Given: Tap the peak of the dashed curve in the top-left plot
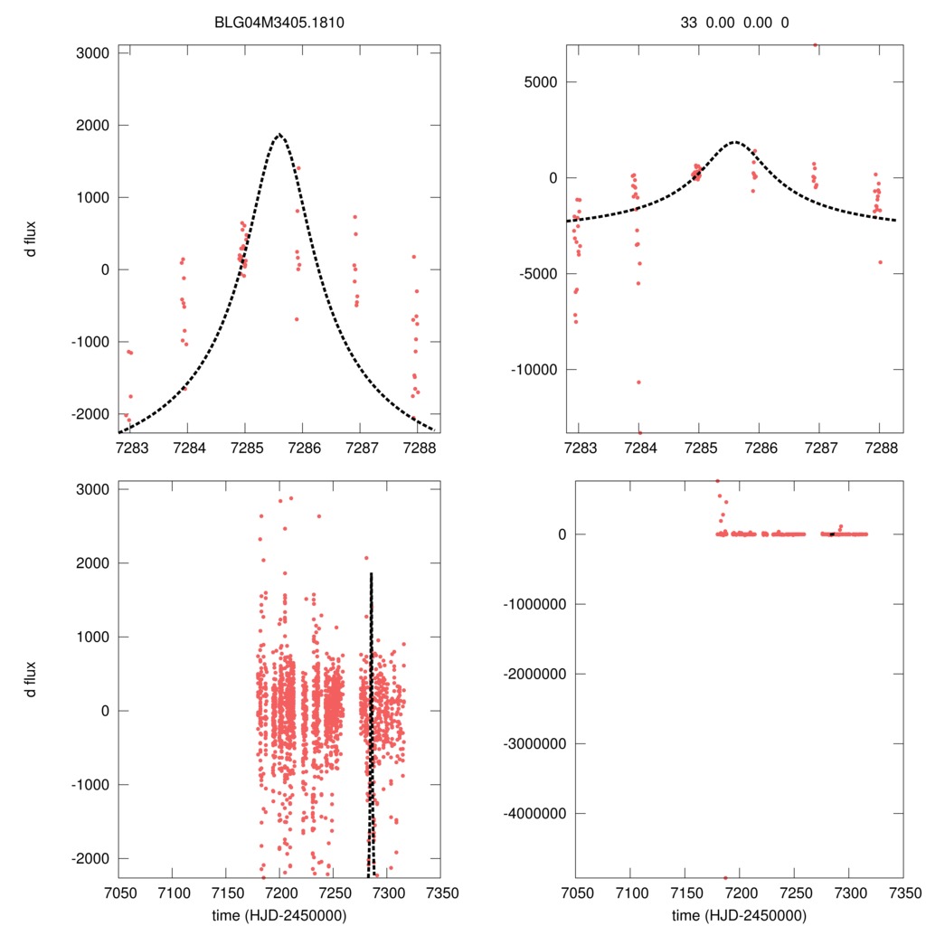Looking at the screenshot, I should point(279,135).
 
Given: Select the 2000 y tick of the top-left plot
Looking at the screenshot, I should point(93,126).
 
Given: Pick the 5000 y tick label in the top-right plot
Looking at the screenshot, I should point(540,82).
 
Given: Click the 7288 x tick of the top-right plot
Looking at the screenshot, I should point(879,447).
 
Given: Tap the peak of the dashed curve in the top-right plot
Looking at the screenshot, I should point(735,142).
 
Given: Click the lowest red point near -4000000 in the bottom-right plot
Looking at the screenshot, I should point(725,877).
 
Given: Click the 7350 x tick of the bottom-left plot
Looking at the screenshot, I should point(440,892).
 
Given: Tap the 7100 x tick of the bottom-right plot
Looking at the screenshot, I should point(631,892).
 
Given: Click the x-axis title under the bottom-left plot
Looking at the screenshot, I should point(279,915).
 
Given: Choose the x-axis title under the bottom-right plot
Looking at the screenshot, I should point(739,915).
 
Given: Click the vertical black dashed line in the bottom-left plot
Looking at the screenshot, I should point(371,723).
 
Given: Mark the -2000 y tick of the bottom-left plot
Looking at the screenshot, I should point(93,858).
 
